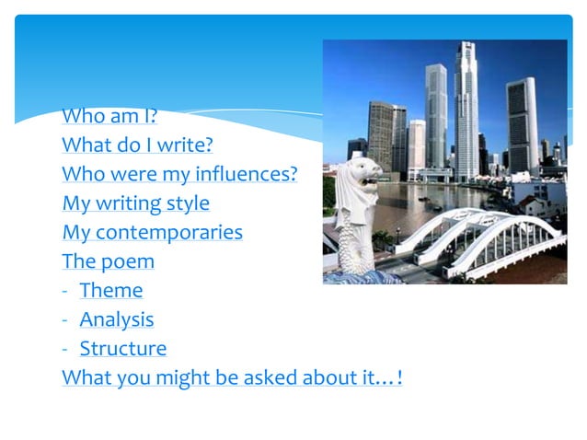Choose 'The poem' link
(x=108, y=261)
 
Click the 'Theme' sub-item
(x=111, y=291)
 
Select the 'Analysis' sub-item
(x=117, y=320)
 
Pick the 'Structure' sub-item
(x=123, y=349)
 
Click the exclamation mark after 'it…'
(x=397, y=378)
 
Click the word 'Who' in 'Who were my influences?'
(x=80, y=174)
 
